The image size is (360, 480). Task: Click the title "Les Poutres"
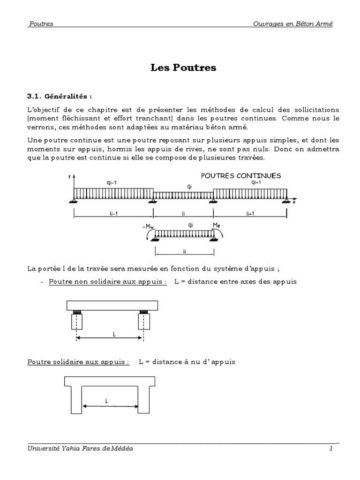[x=183, y=67]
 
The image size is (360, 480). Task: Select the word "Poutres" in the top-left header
[x=41, y=24]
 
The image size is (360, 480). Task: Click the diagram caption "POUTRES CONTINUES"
[x=241, y=176]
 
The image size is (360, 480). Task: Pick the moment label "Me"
[x=217, y=225]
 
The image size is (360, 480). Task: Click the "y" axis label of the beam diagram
[x=69, y=176]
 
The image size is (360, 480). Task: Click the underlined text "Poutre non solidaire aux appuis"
[x=107, y=282]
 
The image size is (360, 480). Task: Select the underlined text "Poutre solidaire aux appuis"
[x=78, y=362]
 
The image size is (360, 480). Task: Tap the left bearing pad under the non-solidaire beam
[x=76, y=312]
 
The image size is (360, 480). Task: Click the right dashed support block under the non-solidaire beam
[x=143, y=322]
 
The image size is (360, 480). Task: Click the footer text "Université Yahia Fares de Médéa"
[x=80, y=449]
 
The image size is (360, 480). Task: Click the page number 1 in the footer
[x=330, y=449]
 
